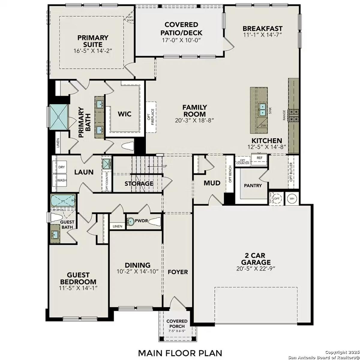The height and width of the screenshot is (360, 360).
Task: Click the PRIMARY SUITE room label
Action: (x=93, y=41)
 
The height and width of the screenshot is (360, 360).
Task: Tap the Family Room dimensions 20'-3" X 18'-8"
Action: (x=194, y=121)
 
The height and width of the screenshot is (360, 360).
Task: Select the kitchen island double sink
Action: (x=262, y=110)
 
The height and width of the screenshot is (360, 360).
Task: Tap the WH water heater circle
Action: (x=292, y=199)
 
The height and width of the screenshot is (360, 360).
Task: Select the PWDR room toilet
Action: (x=155, y=222)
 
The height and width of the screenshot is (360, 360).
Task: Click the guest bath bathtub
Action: (x=63, y=201)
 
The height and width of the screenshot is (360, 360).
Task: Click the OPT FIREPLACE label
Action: (x=151, y=117)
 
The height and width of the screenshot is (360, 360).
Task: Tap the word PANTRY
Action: (x=253, y=185)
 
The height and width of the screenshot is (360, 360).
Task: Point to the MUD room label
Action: (x=212, y=183)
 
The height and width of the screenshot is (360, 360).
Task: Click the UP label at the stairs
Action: (x=165, y=166)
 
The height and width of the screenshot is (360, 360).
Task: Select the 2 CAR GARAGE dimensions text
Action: (x=256, y=268)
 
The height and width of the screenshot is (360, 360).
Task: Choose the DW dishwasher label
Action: (x=263, y=125)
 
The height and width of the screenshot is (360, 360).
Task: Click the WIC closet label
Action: (x=124, y=114)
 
